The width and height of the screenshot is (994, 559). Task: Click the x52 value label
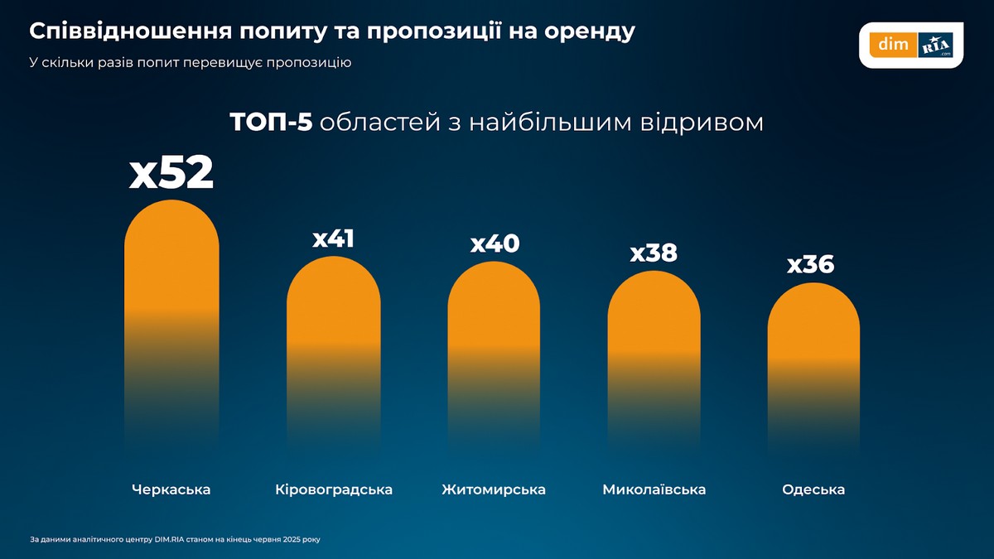(x=171, y=174)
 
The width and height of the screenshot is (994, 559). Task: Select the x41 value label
(x=334, y=239)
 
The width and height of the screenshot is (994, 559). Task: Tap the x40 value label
(x=495, y=244)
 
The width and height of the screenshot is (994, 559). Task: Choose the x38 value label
(x=654, y=253)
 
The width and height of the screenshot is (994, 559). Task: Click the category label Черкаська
(x=171, y=489)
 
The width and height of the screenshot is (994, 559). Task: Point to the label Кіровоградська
(x=334, y=489)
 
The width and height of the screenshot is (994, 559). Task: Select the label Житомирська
(x=494, y=489)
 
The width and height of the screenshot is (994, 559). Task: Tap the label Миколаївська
(x=654, y=489)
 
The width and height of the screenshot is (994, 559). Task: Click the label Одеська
(x=813, y=489)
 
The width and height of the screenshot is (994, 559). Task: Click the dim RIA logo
(x=910, y=46)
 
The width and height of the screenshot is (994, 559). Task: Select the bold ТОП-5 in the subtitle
(x=271, y=123)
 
